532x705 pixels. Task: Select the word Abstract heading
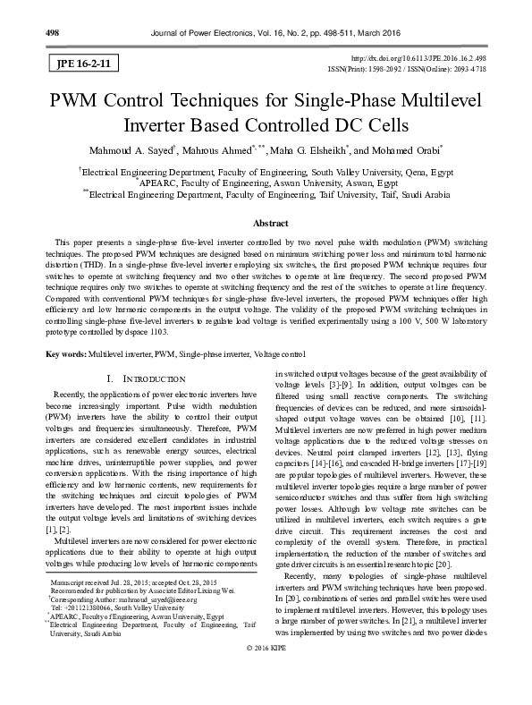[266, 221]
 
